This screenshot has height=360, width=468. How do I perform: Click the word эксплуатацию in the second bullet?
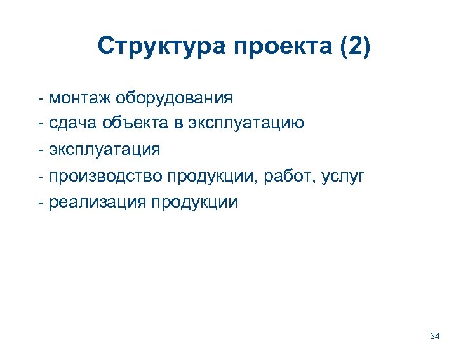point(245,124)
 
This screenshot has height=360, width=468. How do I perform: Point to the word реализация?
point(96,202)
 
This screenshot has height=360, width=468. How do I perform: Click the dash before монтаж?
point(41,99)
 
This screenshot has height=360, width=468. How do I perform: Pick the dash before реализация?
point(41,203)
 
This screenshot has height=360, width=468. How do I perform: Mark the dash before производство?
point(41,176)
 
